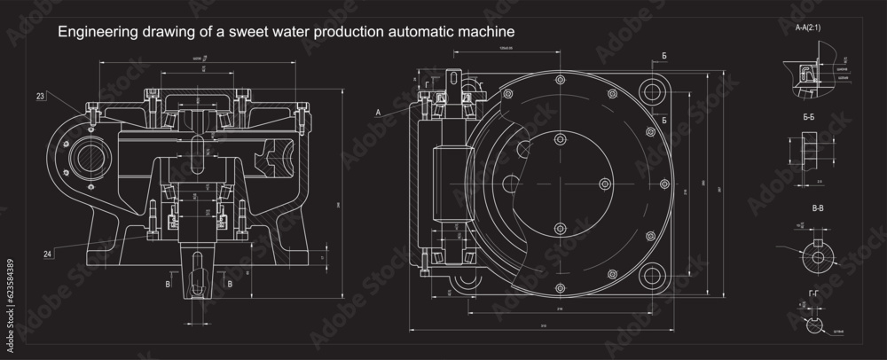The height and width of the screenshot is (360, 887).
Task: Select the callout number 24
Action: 47,254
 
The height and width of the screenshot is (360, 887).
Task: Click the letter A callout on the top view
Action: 379,113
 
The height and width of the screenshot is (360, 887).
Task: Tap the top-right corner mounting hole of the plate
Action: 655,91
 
